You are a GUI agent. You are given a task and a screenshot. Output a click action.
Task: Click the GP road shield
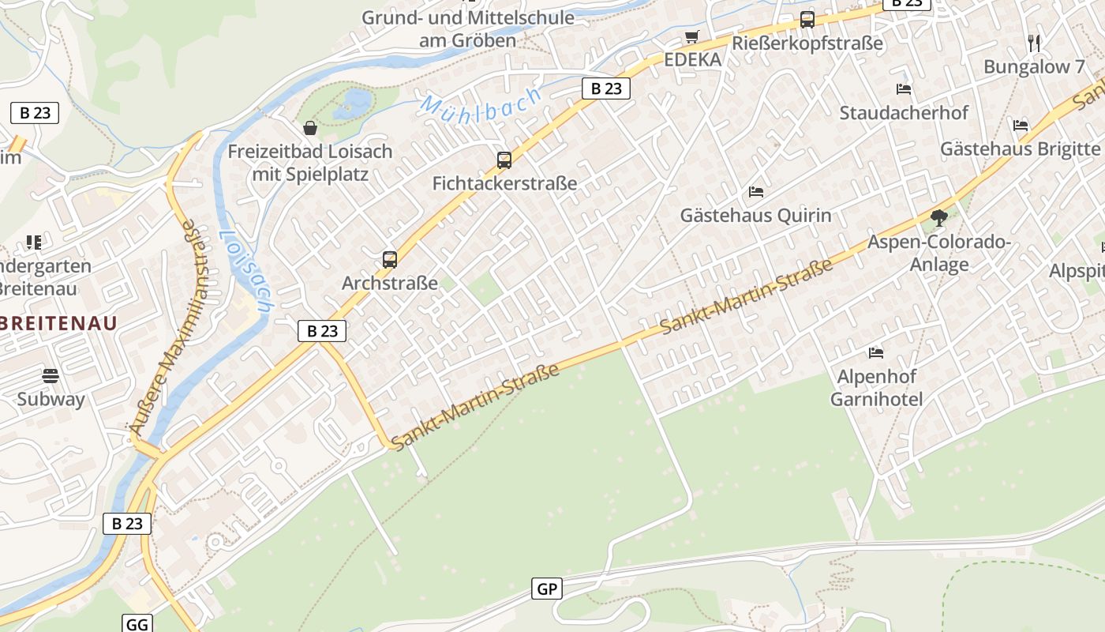coord(547,589)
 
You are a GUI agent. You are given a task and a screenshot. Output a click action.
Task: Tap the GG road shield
coord(137,624)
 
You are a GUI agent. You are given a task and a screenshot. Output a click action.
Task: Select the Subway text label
coord(51,399)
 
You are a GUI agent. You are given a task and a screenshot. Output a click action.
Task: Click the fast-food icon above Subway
coord(51,375)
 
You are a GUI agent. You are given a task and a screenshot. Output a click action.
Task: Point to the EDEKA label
coord(692,60)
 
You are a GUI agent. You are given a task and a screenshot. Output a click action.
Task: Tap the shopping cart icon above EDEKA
coord(692,36)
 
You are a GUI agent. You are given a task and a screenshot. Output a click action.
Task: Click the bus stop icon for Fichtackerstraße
coord(504,160)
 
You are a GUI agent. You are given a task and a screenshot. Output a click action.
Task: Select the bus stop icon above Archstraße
coord(389,259)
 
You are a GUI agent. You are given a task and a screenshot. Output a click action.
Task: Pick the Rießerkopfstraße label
coord(807,43)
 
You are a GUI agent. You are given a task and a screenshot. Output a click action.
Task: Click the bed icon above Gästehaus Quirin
coord(755,192)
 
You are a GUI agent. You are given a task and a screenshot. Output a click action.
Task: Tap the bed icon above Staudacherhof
coord(904,89)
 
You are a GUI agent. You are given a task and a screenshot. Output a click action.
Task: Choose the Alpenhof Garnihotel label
coord(876,387)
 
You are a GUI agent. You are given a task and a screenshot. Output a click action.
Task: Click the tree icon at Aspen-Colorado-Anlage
coord(938,218)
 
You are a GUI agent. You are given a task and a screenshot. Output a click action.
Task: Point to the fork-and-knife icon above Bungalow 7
coord(1034,43)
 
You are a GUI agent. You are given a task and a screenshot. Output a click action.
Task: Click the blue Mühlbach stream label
coord(481,103)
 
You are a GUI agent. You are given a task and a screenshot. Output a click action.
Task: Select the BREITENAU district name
coord(58,322)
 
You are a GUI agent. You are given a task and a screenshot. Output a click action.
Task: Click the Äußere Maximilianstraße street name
coord(164,326)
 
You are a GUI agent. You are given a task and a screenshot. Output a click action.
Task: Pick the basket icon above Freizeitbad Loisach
coord(310,128)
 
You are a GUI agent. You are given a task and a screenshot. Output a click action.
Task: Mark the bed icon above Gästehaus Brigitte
coord(1021,125)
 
